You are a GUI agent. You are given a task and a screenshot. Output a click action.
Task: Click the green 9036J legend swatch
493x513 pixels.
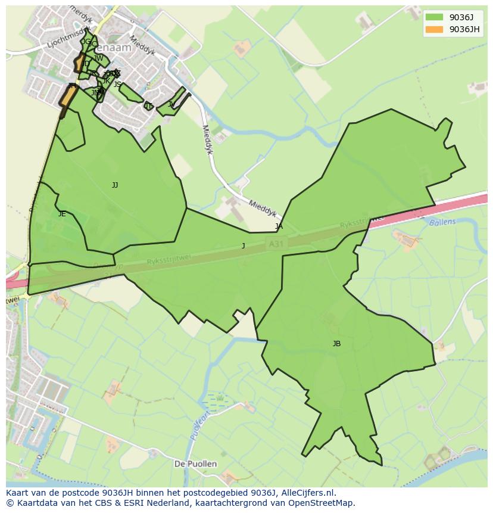point(434,17)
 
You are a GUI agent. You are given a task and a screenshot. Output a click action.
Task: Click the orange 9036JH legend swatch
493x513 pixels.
point(434,29)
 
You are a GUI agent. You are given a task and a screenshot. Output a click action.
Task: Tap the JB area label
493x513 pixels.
point(336,344)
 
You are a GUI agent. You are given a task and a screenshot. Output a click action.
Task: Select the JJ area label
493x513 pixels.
point(115,185)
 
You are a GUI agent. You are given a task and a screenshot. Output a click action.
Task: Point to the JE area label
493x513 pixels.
point(62,214)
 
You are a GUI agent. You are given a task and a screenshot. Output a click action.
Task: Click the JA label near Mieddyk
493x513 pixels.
point(279,226)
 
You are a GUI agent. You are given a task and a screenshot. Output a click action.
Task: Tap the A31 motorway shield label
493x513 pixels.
point(275,244)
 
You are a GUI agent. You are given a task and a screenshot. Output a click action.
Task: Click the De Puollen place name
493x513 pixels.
point(195,464)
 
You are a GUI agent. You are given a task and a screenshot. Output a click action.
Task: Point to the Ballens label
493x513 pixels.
point(442,222)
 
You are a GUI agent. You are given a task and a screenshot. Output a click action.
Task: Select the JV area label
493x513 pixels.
point(171,104)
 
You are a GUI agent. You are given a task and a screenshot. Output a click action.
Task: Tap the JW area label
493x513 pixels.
point(99,58)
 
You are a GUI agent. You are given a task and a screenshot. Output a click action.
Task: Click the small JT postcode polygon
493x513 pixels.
point(148,107)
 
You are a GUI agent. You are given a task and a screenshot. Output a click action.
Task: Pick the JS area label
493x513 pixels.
point(117,85)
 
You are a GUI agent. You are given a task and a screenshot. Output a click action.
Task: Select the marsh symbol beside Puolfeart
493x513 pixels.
point(216,398)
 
